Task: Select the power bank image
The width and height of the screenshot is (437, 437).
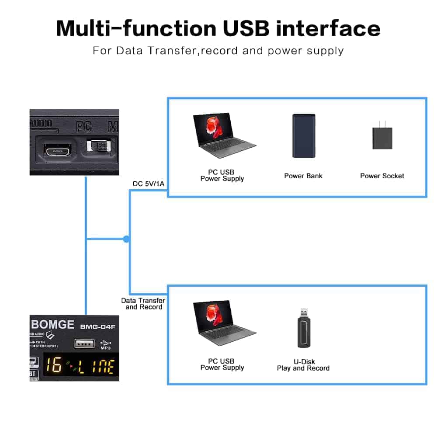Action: (x=303, y=136)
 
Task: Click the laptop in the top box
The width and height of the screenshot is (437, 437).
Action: (x=224, y=136)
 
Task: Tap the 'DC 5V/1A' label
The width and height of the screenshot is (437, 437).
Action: (x=149, y=184)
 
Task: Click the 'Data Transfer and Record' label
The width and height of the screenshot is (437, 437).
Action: (x=143, y=304)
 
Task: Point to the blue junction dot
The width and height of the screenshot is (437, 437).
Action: (x=126, y=239)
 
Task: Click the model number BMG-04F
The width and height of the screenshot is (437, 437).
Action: (x=94, y=326)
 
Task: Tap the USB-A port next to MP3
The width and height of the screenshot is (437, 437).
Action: (x=83, y=344)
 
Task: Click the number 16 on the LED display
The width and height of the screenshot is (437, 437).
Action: (x=54, y=366)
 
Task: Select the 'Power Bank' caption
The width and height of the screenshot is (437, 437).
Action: (x=303, y=176)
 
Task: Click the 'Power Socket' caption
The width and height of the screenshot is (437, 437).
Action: (x=382, y=176)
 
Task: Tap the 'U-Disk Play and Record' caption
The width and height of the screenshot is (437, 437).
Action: (x=303, y=365)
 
